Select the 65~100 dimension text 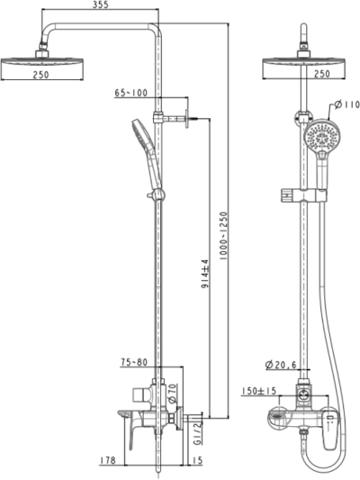[x=132, y=94]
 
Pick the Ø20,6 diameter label [x=283, y=365]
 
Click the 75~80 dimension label [x=135, y=363]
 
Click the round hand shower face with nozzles [x=319, y=138]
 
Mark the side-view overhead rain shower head [x=37, y=60]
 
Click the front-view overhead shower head [x=305, y=61]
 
